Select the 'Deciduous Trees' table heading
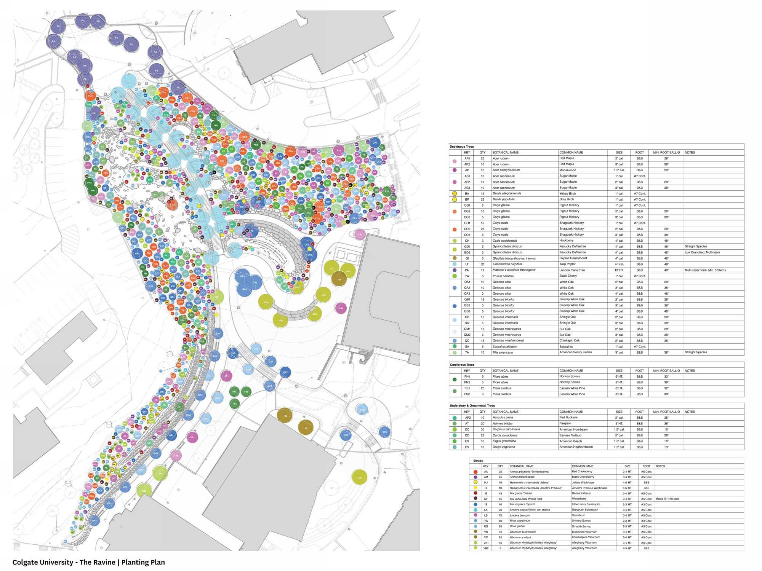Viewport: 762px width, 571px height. (x=461, y=147)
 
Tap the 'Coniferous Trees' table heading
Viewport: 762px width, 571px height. (x=462, y=365)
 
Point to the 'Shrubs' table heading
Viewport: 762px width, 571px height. (x=478, y=461)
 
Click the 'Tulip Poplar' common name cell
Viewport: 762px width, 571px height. (x=567, y=264)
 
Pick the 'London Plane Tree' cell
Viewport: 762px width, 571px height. (x=572, y=270)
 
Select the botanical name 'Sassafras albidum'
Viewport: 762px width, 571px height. (x=505, y=347)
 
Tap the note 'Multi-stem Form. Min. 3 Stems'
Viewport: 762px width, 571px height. (x=705, y=270)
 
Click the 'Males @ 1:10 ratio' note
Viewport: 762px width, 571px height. (x=667, y=499)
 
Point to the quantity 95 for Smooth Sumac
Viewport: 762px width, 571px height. (x=500, y=526)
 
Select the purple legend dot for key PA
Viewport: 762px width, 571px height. (x=454, y=270)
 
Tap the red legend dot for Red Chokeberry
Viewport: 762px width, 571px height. (x=475, y=472)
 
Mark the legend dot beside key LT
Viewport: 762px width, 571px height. (x=454, y=264)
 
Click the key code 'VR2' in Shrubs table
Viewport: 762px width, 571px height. (x=486, y=548)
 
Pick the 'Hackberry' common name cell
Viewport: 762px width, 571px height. (x=566, y=241)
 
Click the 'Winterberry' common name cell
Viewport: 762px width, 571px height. (x=579, y=499)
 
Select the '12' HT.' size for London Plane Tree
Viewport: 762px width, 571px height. (x=619, y=270)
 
